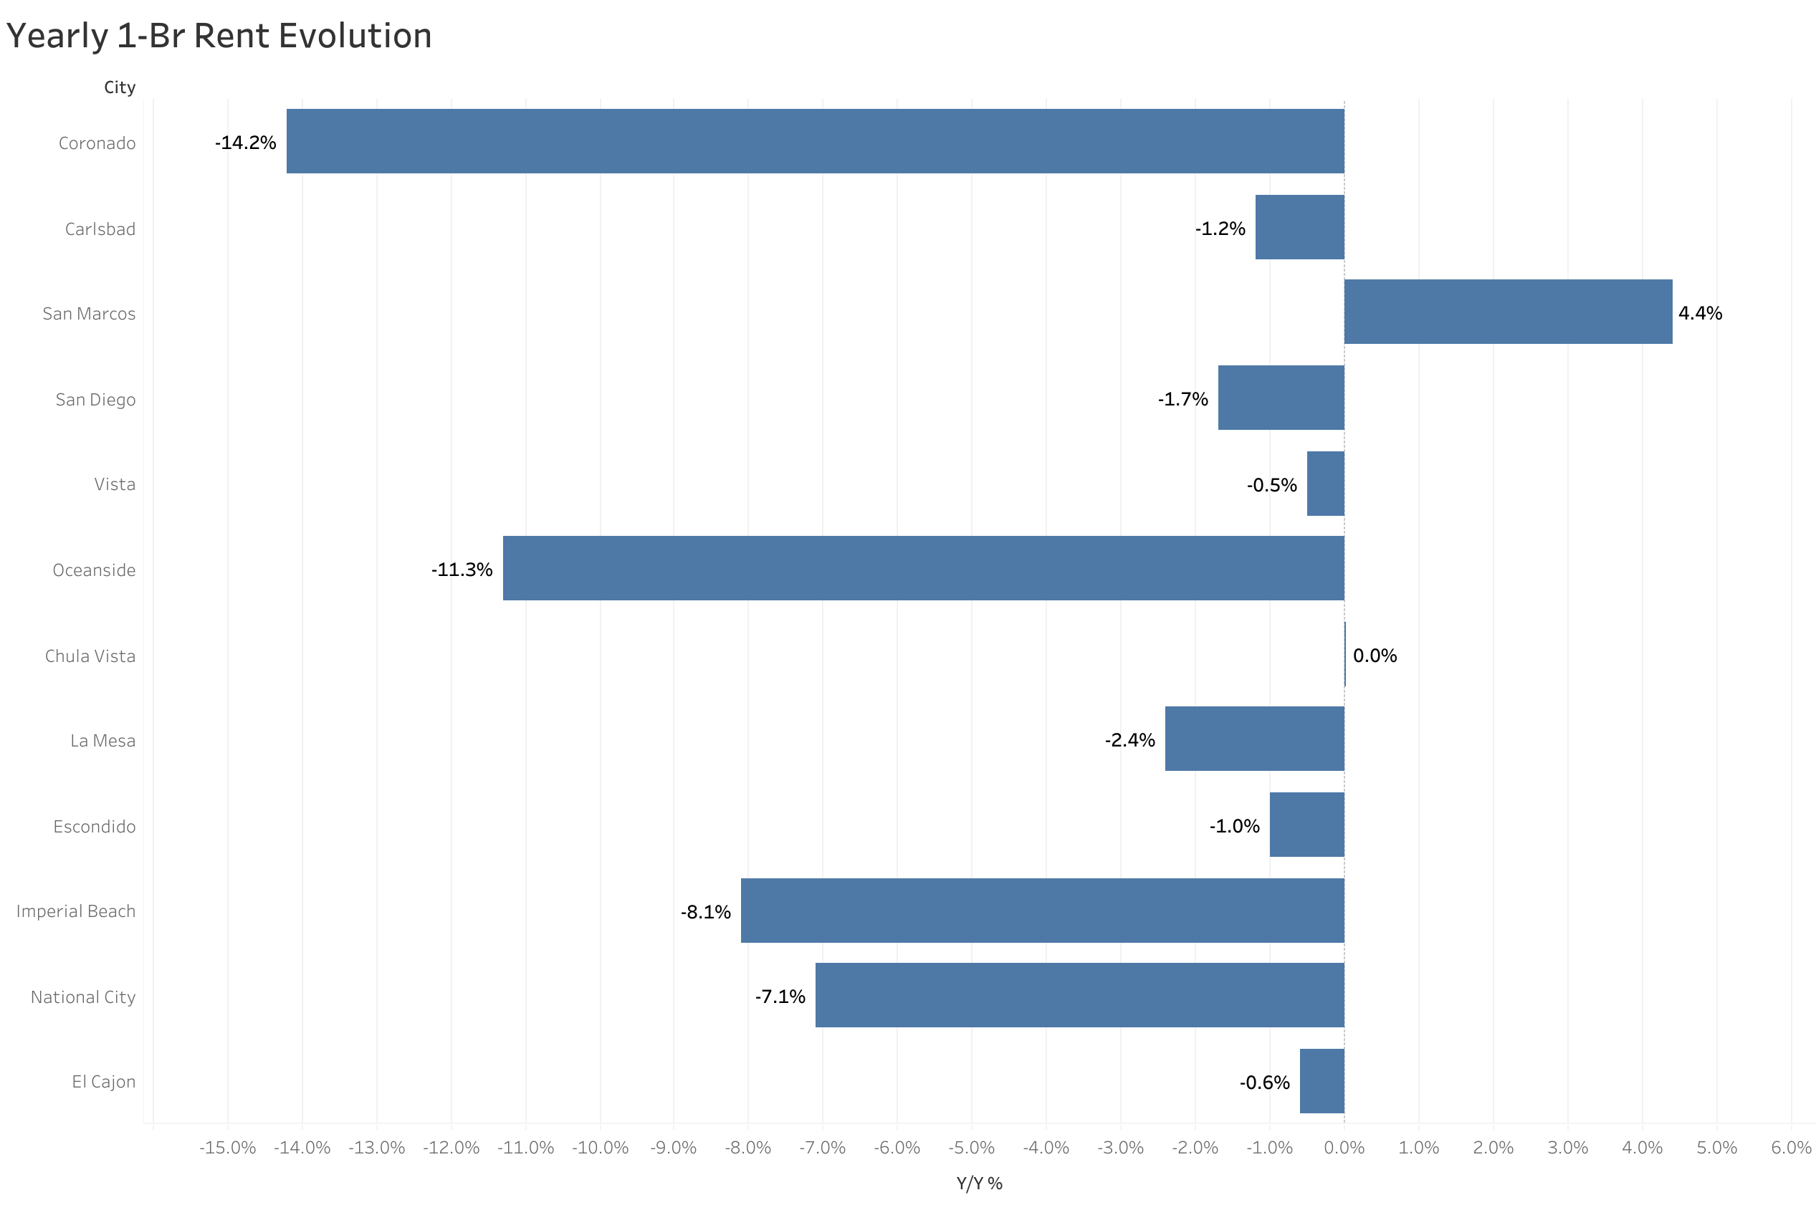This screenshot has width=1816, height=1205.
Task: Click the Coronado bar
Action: (815, 141)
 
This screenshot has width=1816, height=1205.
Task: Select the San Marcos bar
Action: (1507, 312)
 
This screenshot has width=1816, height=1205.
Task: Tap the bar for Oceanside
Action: (923, 569)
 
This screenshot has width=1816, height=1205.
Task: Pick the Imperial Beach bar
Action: (1041, 911)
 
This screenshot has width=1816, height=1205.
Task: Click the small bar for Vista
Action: (1325, 484)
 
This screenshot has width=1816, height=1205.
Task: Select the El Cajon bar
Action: (1321, 1081)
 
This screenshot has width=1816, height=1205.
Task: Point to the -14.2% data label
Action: (245, 143)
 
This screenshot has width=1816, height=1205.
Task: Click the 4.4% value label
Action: (1699, 314)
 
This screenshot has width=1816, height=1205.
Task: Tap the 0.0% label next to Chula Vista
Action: (1374, 656)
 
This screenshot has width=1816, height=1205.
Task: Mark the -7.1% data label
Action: (779, 997)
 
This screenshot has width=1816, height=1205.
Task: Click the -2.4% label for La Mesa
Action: (1129, 740)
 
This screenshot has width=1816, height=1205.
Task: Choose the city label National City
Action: (83, 997)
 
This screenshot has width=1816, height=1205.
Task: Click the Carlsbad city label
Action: (100, 229)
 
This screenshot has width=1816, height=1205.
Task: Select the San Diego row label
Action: (95, 400)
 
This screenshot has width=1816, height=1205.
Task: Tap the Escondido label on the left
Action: (94, 826)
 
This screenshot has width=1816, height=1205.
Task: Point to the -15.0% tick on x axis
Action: (227, 1148)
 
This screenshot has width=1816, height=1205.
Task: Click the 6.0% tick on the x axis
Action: (1791, 1148)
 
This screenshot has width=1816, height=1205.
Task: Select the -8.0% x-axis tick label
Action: (747, 1148)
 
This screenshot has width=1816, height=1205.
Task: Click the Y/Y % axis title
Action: (978, 1184)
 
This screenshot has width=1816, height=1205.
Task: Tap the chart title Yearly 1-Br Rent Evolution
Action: (219, 36)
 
